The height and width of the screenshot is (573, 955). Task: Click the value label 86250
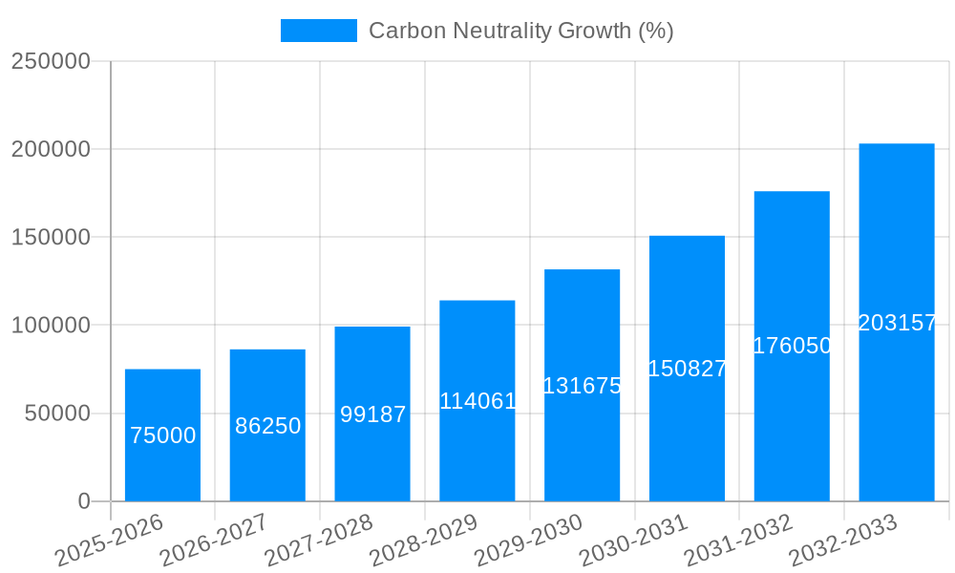[x=268, y=426]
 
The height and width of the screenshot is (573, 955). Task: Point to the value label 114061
[x=477, y=401]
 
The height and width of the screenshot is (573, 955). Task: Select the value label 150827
[x=688, y=369]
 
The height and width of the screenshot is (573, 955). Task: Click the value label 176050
[x=793, y=346]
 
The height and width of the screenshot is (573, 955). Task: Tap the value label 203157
[x=897, y=323]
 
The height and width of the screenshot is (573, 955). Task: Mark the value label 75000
[x=162, y=435]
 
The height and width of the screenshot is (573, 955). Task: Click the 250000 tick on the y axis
[x=51, y=61]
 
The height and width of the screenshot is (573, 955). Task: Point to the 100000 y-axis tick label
[x=51, y=326]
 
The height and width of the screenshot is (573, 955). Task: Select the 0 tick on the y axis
[x=83, y=501]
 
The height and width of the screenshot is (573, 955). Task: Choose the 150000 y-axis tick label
[x=51, y=238]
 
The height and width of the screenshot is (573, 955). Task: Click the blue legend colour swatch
[x=318, y=31]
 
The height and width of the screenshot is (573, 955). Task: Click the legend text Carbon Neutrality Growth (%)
[x=520, y=31]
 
